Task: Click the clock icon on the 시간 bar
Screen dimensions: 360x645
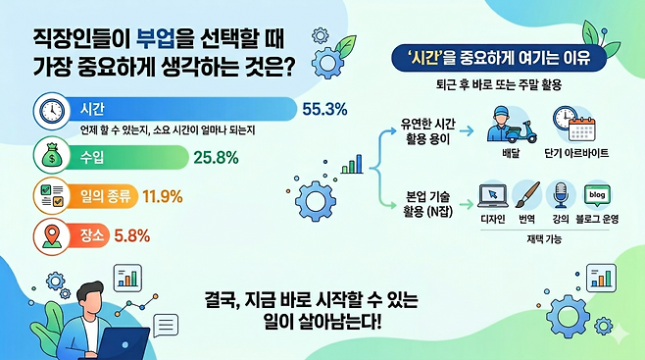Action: point(50,111)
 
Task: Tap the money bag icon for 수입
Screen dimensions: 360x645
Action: point(50,155)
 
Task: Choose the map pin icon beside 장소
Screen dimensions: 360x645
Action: point(50,235)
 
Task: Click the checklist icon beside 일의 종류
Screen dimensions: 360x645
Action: point(50,196)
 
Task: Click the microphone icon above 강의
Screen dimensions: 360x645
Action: point(559,196)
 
